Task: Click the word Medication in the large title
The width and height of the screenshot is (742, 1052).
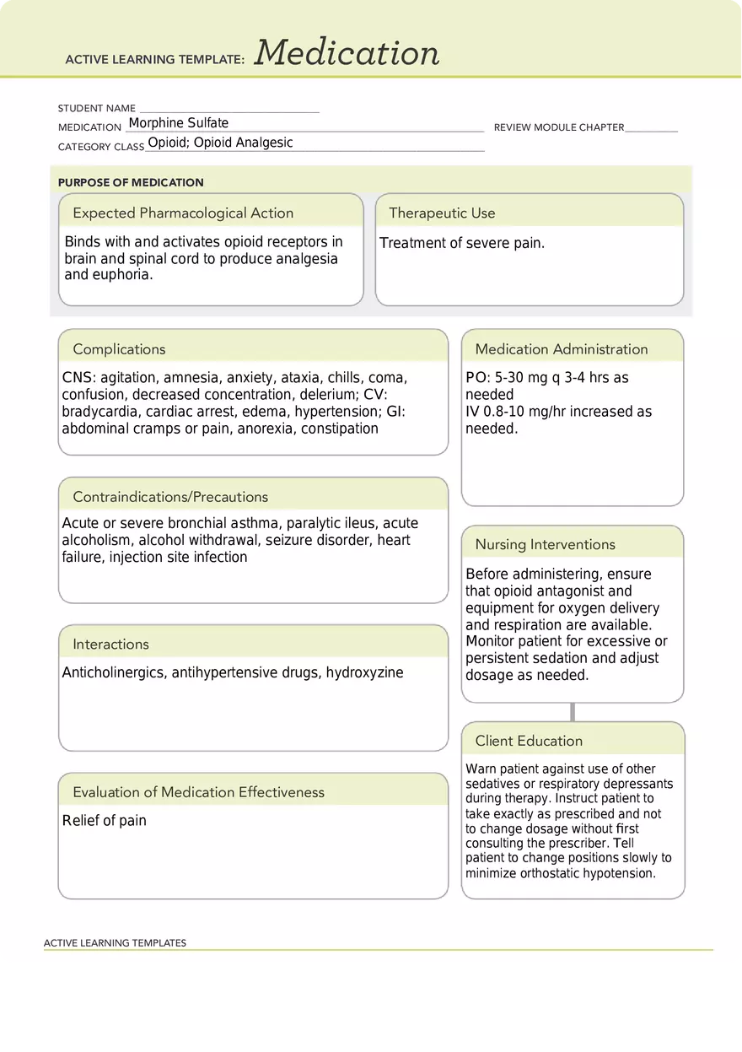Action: [x=347, y=53]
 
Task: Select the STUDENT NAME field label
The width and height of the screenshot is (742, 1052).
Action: [x=96, y=109]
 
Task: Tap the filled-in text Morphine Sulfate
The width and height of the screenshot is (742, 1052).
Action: [x=178, y=123]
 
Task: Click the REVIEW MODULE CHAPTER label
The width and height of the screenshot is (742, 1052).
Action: [x=558, y=127]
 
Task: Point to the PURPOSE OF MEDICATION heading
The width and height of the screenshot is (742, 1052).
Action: [x=131, y=182]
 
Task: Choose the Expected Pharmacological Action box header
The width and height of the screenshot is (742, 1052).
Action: [x=183, y=213]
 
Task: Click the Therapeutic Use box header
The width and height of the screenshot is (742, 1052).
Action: [x=442, y=213]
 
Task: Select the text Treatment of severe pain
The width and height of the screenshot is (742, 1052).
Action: [x=462, y=243]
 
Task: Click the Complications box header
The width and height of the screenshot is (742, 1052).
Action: [x=119, y=349]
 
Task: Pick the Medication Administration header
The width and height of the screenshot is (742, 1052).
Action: [x=561, y=349]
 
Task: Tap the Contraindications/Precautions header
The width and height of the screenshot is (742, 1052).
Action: [x=170, y=497]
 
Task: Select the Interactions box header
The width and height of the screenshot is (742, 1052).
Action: [x=110, y=645]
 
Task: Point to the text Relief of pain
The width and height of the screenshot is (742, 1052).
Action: [x=105, y=821]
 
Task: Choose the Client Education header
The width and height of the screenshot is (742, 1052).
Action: [x=529, y=742]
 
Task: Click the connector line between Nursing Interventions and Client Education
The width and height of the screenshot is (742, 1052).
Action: [x=573, y=712]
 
